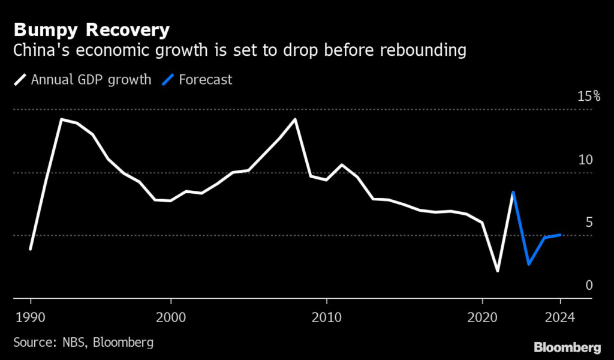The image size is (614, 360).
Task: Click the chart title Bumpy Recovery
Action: (x=91, y=29)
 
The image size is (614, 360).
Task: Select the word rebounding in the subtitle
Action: (x=419, y=51)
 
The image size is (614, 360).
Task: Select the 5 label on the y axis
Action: (x=589, y=223)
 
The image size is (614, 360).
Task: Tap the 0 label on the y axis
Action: (x=589, y=285)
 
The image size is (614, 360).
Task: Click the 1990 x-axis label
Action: (x=30, y=316)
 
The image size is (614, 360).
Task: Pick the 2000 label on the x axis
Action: (x=171, y=316)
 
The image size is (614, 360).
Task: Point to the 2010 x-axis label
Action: (x=326, y=316)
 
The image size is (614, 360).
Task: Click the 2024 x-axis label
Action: (x=561, y=316)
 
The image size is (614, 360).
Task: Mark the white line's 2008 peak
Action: (x=295, y=119)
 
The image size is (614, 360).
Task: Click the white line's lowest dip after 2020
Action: (x=498, y=271)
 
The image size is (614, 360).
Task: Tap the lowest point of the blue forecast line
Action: (x=529, y=264)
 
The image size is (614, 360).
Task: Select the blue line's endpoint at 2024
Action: (x=560, y=235)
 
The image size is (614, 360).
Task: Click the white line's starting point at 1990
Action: (x=30, y=248)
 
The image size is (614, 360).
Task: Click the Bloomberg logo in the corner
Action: (x=567, y=347)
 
